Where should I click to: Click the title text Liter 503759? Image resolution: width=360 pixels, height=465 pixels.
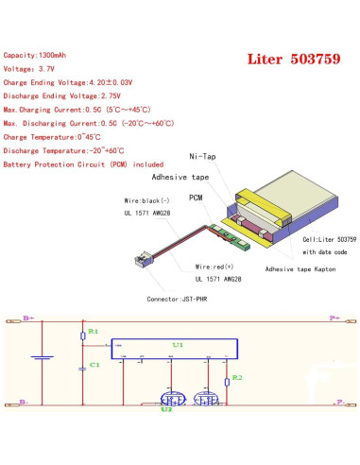tap(296, 59)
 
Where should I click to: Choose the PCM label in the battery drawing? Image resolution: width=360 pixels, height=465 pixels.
tap(197, 198)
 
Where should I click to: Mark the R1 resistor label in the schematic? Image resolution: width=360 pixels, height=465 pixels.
tap(93, 333)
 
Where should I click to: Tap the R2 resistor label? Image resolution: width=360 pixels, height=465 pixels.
tap(237, 377)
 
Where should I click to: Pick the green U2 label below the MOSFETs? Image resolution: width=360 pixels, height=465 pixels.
tap(166, 410)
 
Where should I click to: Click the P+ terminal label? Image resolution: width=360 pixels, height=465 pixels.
tap(334, 319)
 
